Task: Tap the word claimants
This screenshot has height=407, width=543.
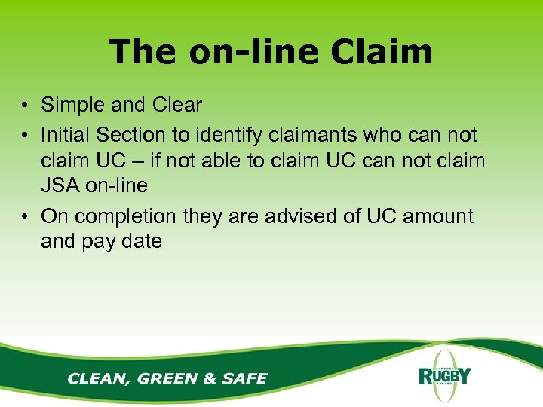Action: (318, 135)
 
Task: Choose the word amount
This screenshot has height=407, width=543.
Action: (437, 216)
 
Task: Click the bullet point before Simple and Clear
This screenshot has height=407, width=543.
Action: (26, 106)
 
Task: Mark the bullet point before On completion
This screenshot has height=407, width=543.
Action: (26, 217)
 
